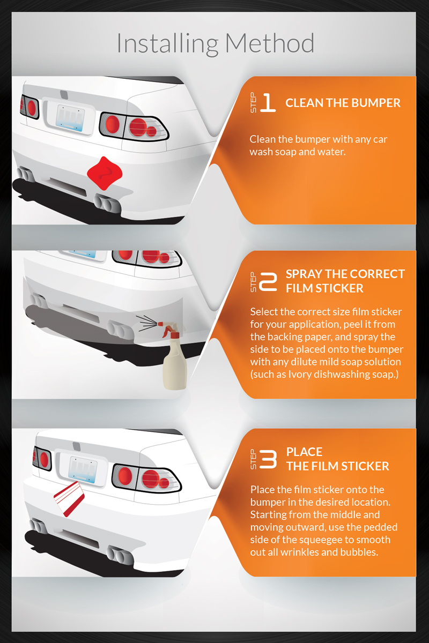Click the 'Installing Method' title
tap(216, 43)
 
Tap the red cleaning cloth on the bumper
tap(105, 173)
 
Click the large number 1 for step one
tap(268, 102)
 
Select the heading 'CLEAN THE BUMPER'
tap(343, 103)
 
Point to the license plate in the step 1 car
tap(70, 118)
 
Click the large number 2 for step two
tap(268, 282)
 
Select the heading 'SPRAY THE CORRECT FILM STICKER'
tap(345, 281)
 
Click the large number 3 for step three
tap(268, 459)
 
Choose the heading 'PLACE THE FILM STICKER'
tap(338, 459)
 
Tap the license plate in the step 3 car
tap(83, 470)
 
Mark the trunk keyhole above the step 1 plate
tap(64, 95)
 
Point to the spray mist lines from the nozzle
tap(146, 323)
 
